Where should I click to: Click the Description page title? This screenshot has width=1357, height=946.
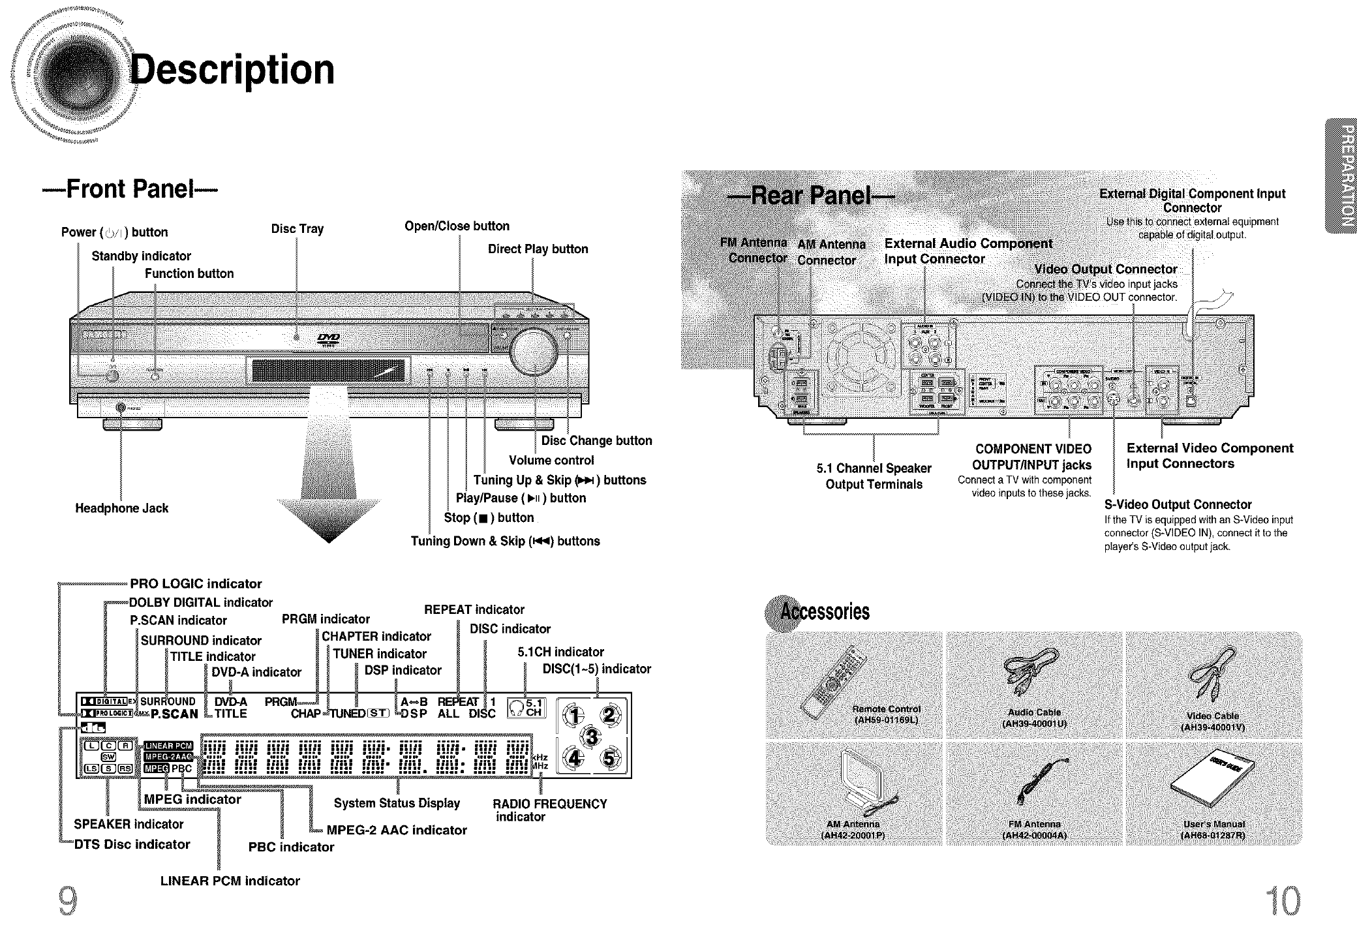click(x=232, y=70)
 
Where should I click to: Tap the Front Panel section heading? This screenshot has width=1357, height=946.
click(x=130, y=189)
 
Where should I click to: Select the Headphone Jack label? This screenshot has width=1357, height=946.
click(x=121, y=508)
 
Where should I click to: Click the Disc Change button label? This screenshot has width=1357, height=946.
click(x=596, y=440)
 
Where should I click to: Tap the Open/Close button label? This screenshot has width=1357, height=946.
click(x=457, y=226)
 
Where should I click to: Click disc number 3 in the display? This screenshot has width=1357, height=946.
click(x=592, y=738)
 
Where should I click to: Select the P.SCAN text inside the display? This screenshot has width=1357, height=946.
click(x=174, y=714)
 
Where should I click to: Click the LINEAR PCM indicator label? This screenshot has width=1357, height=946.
click(x=230, y=881)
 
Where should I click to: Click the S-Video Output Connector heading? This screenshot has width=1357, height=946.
click(x=1178, y=504)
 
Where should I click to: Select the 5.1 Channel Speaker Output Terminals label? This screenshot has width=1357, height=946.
click(x=874, y=476)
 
